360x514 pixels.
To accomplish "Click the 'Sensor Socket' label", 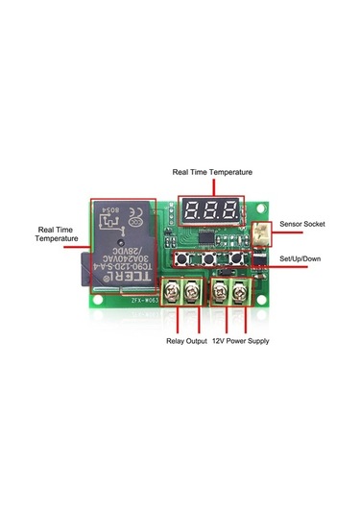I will pyautogui.click(x=301, y=224).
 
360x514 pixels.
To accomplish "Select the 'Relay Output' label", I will pyautogui.click(x=186, y=340).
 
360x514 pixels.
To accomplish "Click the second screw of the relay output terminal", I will pyautogui.click(x=196, y=288).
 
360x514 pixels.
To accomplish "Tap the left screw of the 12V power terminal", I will pyautogui.click(x=224, y=288).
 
